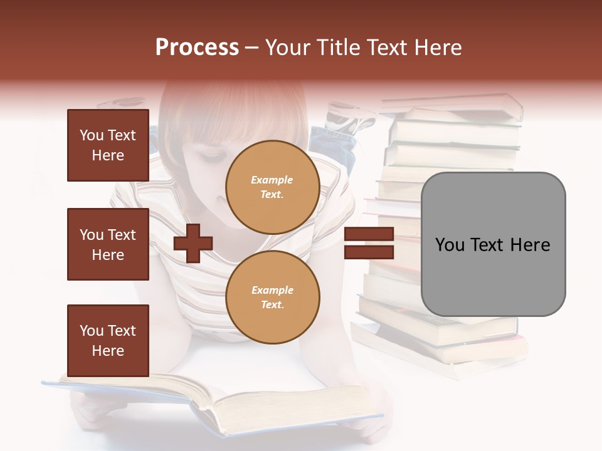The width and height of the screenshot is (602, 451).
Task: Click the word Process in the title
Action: [197, 48]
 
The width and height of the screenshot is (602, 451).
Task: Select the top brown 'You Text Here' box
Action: [108, 145]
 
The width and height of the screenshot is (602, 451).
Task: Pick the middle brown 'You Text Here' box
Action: [108, 244]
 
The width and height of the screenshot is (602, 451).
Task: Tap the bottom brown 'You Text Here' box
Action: [108, 340]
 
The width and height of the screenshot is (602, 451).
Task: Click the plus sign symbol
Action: [193, 243]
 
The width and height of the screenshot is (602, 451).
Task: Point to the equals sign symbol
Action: [369, 243]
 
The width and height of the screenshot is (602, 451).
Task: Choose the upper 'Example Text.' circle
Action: [272, 187]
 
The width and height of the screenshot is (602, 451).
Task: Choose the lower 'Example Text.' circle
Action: [272, 298]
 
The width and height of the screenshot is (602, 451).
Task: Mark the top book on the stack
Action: [451, 103]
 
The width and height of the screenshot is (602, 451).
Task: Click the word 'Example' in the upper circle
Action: [272, 180]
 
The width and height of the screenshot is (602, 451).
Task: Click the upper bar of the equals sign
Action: [369, 234]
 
